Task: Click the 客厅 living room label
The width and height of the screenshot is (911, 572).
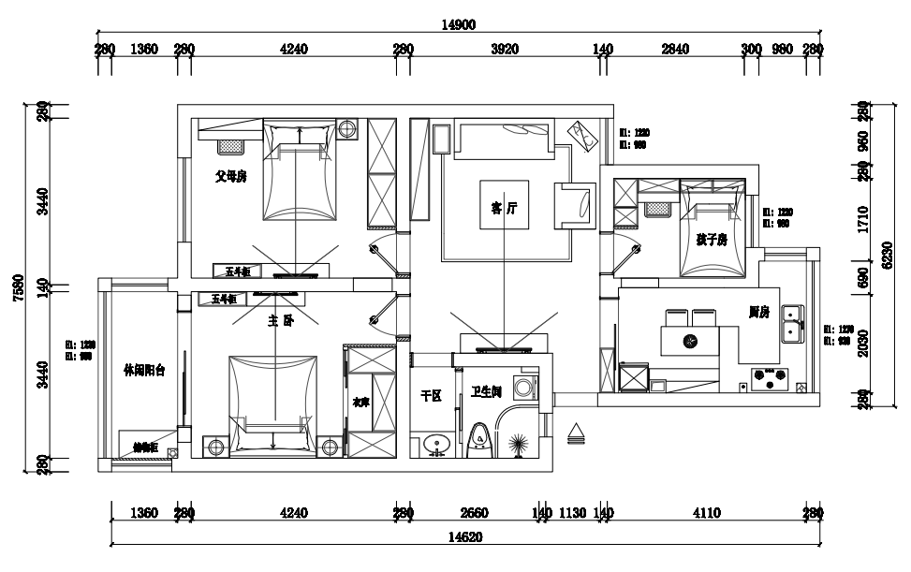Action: pyautogui.click(x=504, y=210)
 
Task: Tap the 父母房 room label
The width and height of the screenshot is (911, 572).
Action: pyautogui.click(x=230, y=176)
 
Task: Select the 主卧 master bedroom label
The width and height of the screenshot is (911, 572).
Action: pyautogui.click(x=281, y=320)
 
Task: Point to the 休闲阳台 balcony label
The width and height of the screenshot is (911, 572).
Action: pyautogui.click(x=144, y=371)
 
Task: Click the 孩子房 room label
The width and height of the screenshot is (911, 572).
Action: pyautogui.click(x=712, y=240)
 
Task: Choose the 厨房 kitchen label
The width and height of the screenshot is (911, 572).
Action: pyautogui.click(x=758, y=312)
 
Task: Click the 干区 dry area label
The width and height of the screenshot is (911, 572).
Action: pyautogui.click(x=431, y=397)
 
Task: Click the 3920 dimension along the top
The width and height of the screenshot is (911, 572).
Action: pyautogui.click(x=505, y=49)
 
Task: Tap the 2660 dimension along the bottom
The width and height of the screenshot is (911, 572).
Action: pyautogui.click(x=476, y=512)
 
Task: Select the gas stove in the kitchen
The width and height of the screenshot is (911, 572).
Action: pyautogui.click(x=770, y=379)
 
